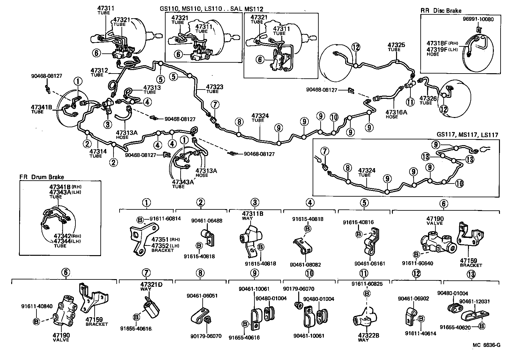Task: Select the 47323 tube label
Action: coord(214,87)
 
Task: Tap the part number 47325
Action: coord(396,45)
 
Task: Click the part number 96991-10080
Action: coord(478,19)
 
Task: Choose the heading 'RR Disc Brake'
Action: coord(441,11)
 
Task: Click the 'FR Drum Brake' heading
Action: coord(42,177)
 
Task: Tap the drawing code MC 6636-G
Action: coord(487,345)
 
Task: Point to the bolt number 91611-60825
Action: coord(367,284)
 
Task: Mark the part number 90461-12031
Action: coord(474,301)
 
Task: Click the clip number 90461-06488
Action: coord(207,221)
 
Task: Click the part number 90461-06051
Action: coord(202,296)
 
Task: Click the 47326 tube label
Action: coord(428,98)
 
